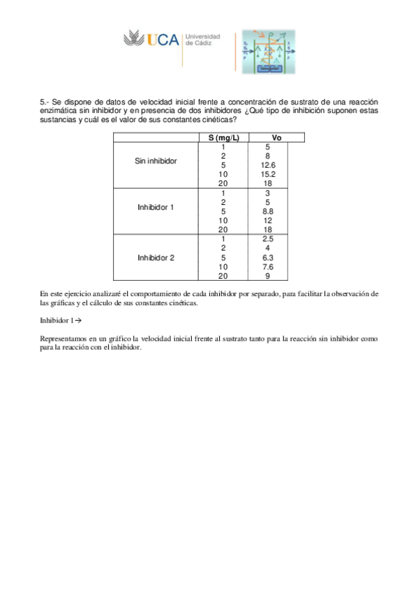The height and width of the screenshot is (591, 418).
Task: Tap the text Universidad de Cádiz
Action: point(202,40)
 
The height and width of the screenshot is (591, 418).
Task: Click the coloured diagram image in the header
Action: point(268,53)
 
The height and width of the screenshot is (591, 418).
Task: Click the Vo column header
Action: point(276,138)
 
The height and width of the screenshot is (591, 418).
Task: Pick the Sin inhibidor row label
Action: point(156,161)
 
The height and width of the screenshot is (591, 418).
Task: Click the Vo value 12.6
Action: point(268,165)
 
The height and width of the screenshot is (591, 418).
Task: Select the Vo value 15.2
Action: point(268,174)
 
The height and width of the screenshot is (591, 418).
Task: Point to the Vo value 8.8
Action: point(268,211)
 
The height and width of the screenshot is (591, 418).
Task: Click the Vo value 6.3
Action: point(268,257)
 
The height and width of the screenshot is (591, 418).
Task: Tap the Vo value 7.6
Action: point(268,266)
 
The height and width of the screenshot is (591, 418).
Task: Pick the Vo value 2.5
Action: point(268,239)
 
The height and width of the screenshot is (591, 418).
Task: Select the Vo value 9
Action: point(268,275)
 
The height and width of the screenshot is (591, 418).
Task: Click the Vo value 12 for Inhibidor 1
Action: point(268,220)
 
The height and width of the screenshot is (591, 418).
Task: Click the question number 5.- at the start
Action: point(45,102)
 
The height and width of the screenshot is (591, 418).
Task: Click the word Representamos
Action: point(65,339)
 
